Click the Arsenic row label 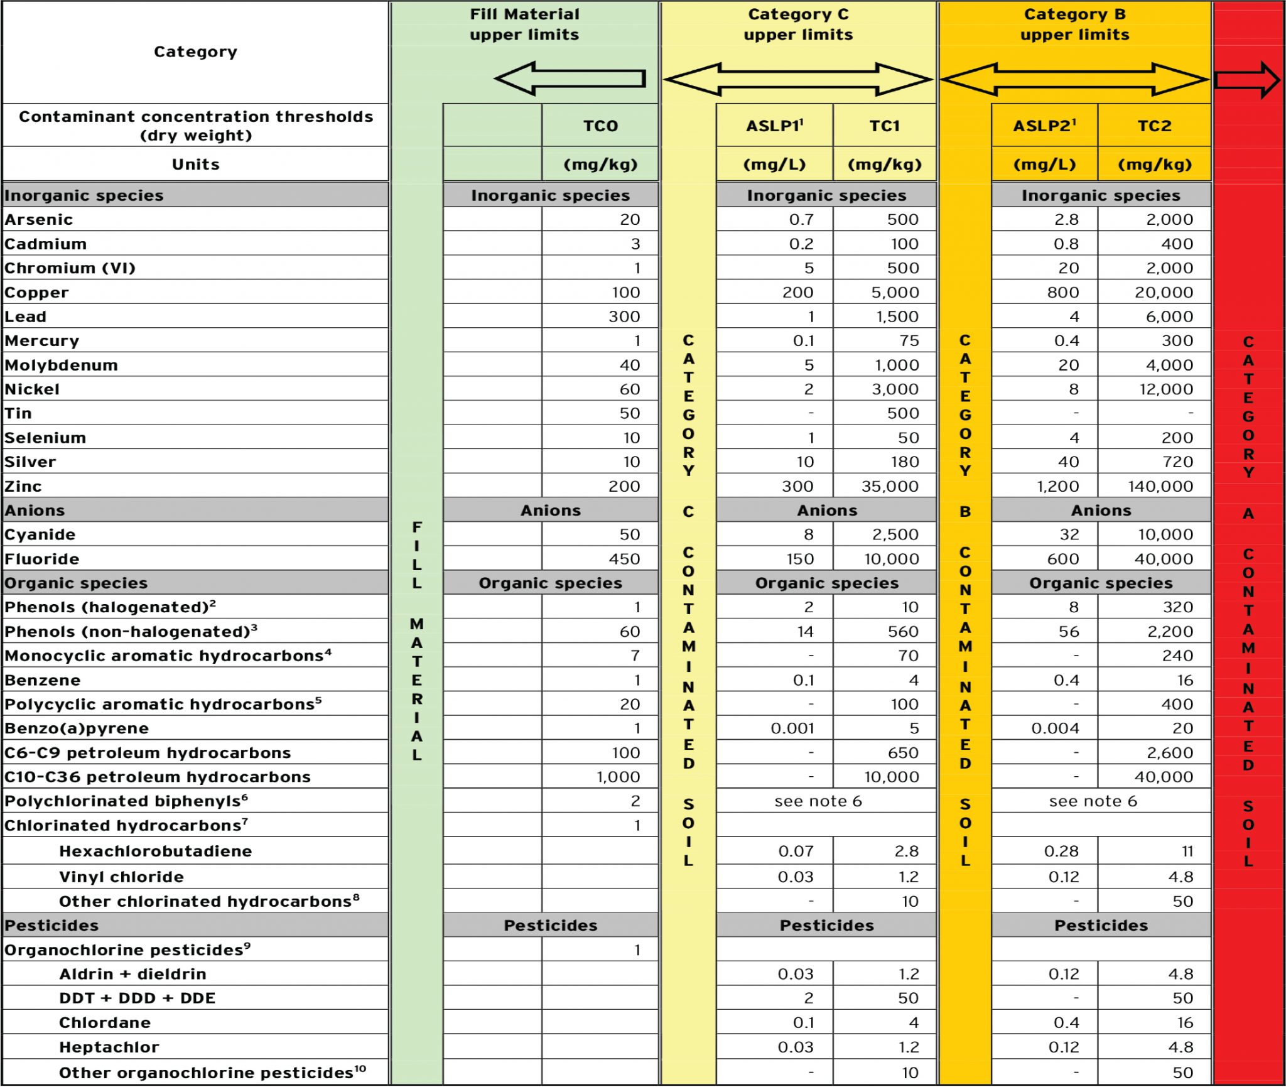(x=39, y=220)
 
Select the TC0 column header (x=600, y=126)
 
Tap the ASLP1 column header (x=774, y=126)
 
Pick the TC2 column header (x=1154, y=126)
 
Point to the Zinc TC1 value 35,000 (x=890, y=487)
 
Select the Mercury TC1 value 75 (x=909, y=341)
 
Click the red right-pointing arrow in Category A (x=1247, y=80)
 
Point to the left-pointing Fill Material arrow (x=570, y=78)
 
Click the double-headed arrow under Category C (x=797, y=80)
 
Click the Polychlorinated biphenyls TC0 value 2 (x=635, y=801)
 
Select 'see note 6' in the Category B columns (x=1093, y=801)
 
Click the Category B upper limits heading (x=1074, y=24)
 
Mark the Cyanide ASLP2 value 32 (x=1069, y=535)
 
